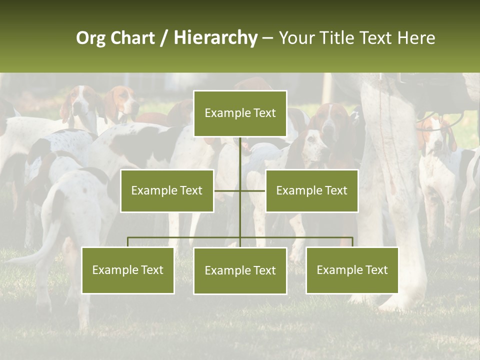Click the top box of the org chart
coord(240,113)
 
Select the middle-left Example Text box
coord(167,190)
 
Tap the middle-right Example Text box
coord(311,190)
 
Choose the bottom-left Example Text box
coord(128,270)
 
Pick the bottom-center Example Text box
coord(240,270)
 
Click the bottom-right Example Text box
coord(352,270)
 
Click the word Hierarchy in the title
coord(215,38)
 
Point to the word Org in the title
coord(90,38)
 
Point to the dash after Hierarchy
coord(267,38)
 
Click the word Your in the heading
coord(296,38)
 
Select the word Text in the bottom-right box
coord(376,270)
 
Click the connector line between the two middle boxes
coord(240,190)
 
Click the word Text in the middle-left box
coord(191,190)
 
